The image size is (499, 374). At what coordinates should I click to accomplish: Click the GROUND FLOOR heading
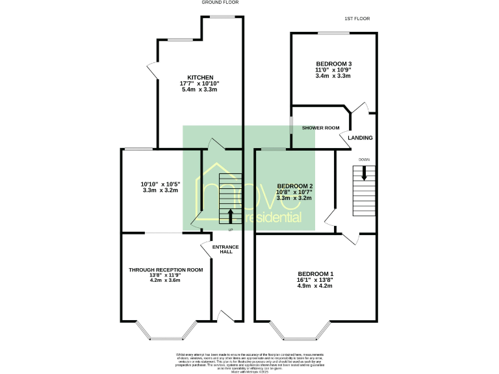[x=220, y=3]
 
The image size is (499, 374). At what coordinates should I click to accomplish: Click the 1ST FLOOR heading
[x=357, y=19]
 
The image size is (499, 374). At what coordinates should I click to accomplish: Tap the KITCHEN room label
[x=200, y=77]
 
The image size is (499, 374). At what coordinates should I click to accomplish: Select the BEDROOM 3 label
[x=333, y=63]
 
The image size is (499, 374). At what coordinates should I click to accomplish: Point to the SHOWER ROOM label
[x=321, y=128]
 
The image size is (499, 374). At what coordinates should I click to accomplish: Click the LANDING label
[x=361, y=138]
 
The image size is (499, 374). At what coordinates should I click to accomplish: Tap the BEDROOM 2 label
[x=295, y=186]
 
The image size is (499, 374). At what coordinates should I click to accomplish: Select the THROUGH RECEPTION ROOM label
[x=166, y=269]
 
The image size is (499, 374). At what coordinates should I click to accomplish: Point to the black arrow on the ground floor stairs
[x=230, y=216]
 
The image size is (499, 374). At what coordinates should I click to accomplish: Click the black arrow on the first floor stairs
[x=364, y=173]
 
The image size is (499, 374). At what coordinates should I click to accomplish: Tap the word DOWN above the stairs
[x=364, y=159]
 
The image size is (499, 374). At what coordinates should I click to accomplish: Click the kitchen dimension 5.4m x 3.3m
[x=200, y=89]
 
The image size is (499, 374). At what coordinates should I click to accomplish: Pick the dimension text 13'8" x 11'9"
[x=166, y=275]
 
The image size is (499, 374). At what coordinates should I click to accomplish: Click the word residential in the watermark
[x=274, y=218]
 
